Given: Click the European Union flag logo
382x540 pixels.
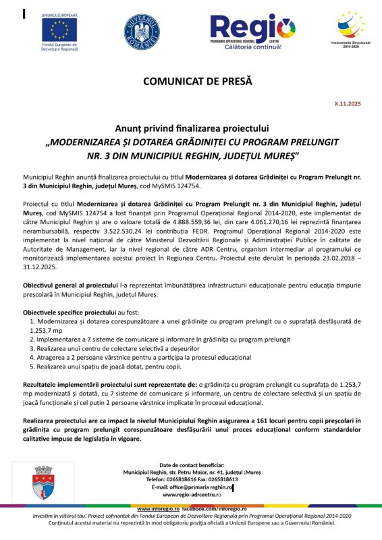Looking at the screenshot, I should pos(59,28).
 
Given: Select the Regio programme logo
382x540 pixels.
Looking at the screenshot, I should pos(252,30).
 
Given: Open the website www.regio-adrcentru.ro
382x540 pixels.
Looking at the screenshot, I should pos(192,494).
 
